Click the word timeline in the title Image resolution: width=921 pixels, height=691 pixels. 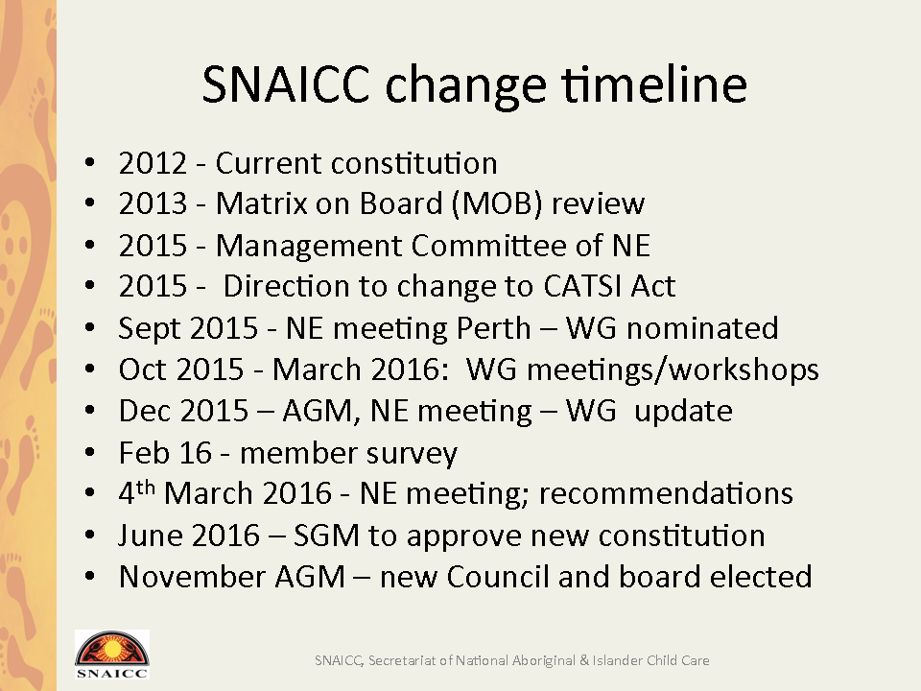click(653, 85)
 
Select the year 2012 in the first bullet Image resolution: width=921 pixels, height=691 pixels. click(153, 163)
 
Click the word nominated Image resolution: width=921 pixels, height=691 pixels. click(702, 328)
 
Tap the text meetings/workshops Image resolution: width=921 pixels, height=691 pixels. click(673, 370)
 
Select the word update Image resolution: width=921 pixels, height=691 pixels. click(683, 412)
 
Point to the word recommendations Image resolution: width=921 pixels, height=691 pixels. click(666, 493)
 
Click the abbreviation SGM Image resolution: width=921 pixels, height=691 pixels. click(326, 536)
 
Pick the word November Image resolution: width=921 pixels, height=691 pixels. click(192, 577)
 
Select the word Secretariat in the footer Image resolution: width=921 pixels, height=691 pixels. click(402, 660)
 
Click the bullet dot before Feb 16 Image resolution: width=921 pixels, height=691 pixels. click(89, 452)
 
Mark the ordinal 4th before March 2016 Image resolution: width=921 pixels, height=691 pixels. click(136, 492)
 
